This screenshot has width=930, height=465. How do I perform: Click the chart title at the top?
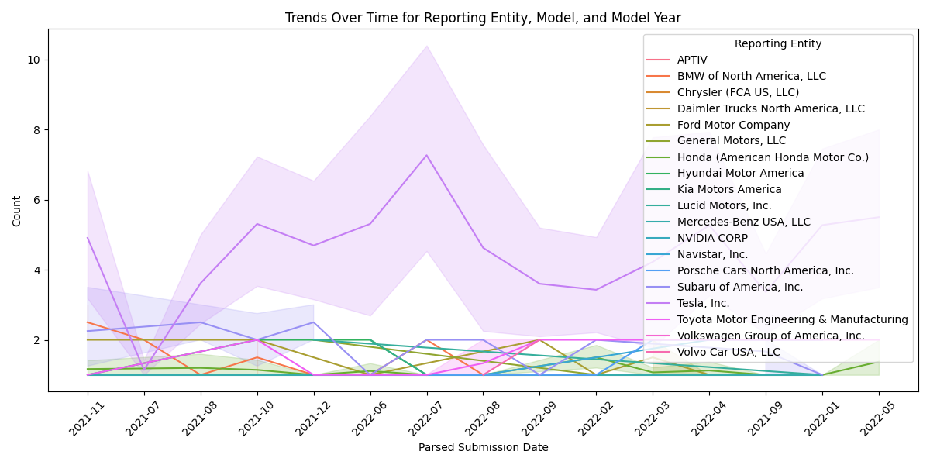(483, 18)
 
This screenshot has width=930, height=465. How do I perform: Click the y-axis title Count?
(17, 211)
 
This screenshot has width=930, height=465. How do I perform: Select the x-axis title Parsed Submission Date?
(483, 447)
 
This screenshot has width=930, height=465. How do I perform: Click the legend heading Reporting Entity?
(778, 43)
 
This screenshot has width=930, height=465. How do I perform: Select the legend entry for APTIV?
(692, 60)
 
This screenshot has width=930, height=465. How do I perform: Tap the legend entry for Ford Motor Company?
(733, 125)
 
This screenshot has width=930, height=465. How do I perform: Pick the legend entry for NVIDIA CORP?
(712, 238)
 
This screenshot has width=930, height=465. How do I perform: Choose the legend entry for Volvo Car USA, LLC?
(728, 352)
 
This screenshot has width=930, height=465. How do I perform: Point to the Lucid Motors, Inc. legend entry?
(724, 205)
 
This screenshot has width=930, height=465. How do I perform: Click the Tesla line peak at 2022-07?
(427, 155)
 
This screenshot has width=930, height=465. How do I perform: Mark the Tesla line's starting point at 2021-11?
(88, 237)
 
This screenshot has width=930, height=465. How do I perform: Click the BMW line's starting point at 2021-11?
(88, 322)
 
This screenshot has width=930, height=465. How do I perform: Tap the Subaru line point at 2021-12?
(314, 322)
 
